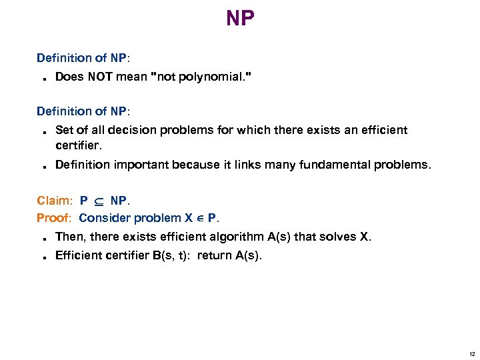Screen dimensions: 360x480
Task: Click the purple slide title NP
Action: click(x=240, y=18)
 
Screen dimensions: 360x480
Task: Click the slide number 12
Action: click(x=471, y=353)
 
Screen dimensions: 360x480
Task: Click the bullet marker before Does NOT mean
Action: click(x=43, y=79)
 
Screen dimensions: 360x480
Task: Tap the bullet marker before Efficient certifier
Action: click(x=43, y=257)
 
